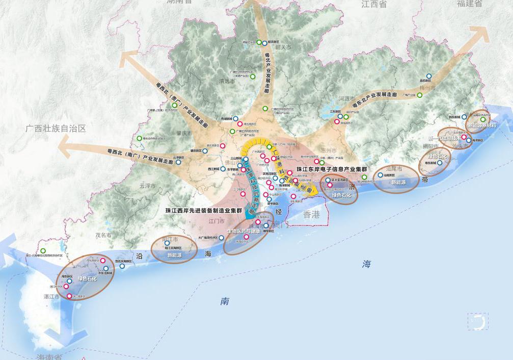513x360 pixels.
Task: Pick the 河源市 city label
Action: click(x=346, y=98)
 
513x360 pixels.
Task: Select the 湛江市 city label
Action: click(x=51, y=296)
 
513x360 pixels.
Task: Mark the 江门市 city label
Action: click(x=217, y=221)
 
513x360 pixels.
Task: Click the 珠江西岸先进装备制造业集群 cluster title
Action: click(x=206, y=210)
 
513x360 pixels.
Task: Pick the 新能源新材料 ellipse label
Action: click(x=481, y=125)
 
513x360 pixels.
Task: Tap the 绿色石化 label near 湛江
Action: click(x=87, y=279)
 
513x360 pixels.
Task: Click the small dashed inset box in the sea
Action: click(x=477, y=321)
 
